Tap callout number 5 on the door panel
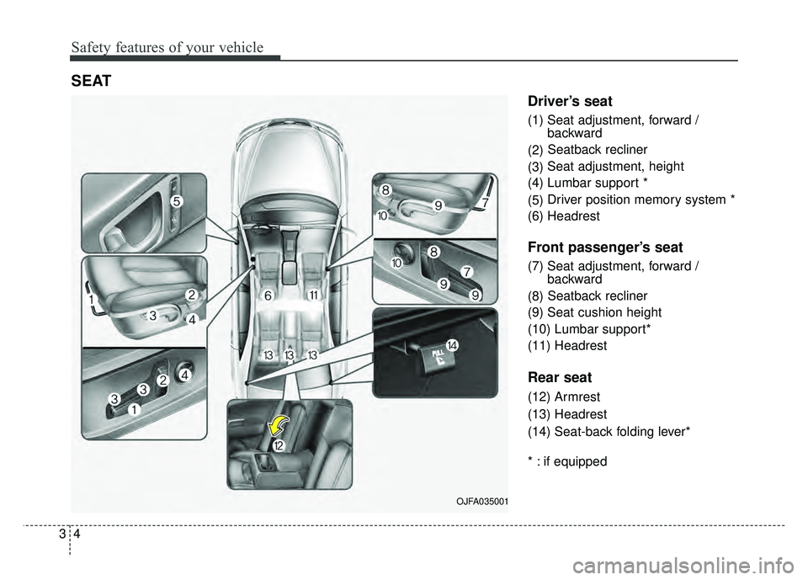coord(176,201)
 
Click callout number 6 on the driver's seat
coord(267,296)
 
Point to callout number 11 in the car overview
coord(312,295)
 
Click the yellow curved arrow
coord(279,425)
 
